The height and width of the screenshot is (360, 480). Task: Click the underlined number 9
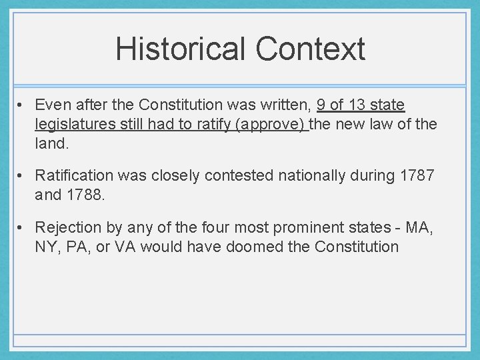coord(322,105)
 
